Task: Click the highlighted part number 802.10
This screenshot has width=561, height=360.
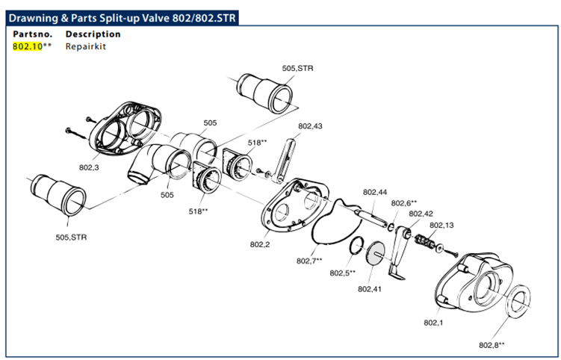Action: click(x=28, y=46)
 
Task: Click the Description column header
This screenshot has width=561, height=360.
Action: click(x=93, y=34)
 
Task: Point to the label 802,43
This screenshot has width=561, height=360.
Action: click(x=310, y=126)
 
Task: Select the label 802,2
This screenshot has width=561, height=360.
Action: click(x=260, y=244)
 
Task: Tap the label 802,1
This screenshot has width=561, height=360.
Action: click(x=433, y=323)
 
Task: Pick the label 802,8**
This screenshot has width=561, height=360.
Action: click(x=492, y=345)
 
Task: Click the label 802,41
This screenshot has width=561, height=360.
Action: click(x=369, y=288)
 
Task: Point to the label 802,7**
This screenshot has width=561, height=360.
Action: click(x=309, y=261)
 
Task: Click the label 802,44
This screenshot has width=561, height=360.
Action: click(x=375, y=193)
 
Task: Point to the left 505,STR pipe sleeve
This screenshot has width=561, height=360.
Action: click(x=59, y=197)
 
